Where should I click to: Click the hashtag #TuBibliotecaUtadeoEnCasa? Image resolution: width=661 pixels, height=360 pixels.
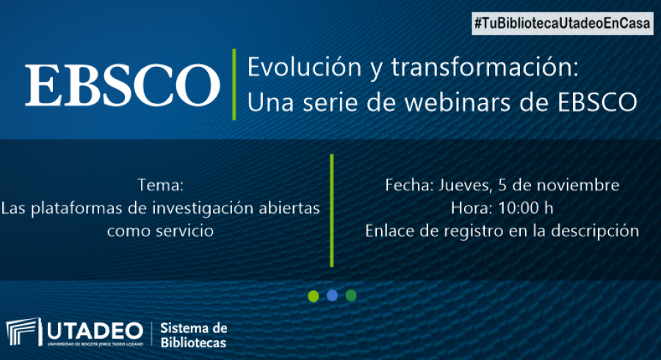tap(563, 24)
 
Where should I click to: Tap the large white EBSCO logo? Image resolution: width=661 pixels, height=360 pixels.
tap(122, 84)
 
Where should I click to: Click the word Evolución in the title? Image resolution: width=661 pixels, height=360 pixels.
tap(304, 67)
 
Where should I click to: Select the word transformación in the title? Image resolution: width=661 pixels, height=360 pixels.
tap(485, 67)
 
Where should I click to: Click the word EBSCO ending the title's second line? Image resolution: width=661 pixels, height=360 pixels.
tap(598, 102)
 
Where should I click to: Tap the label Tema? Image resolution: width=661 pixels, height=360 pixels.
tap(161, 185)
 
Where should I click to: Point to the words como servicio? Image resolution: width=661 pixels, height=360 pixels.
tap(160, 231)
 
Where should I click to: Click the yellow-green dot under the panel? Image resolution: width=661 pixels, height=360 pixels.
tap(313, 296)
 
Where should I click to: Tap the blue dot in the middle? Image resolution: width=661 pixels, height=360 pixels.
tap(332, 295)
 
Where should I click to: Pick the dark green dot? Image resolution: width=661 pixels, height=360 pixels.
tap(351, 295)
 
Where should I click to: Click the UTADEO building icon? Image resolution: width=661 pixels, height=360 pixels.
tap(24, 332)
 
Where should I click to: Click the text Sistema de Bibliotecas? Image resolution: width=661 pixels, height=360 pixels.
tap(193, 335)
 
